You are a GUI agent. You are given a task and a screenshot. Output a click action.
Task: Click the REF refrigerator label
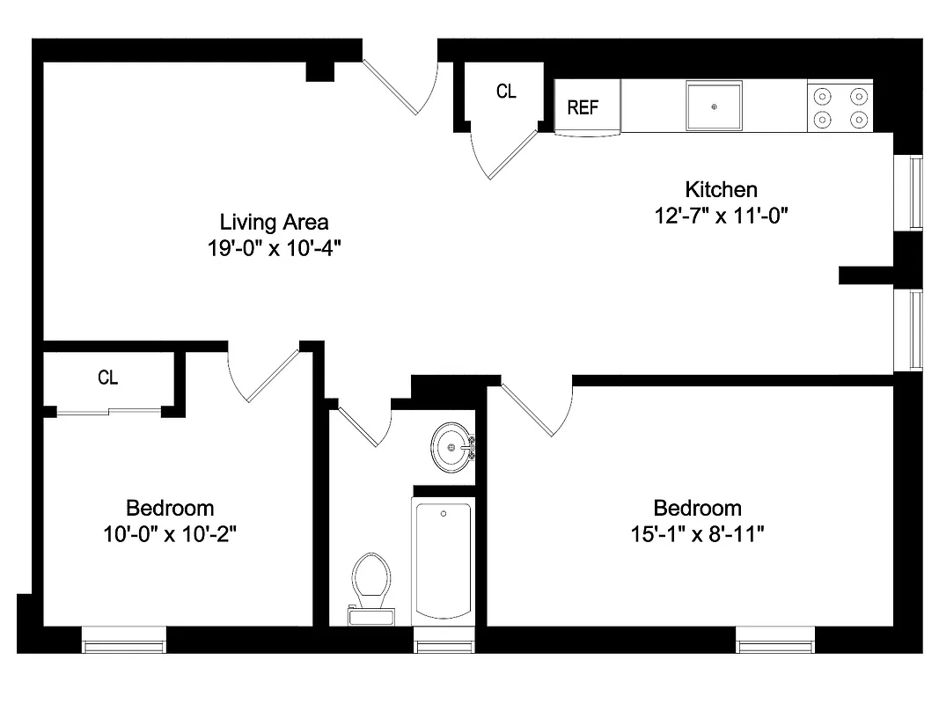pos(583,107)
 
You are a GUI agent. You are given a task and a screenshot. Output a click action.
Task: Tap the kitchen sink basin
pos(714,106)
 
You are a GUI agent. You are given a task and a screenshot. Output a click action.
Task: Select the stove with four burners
pos(840,106)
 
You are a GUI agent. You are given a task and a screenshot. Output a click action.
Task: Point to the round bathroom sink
pos(452,448)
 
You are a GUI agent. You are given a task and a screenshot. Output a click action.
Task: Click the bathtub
pos(444,560)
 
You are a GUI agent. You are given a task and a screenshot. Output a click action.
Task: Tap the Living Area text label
pos(274,222)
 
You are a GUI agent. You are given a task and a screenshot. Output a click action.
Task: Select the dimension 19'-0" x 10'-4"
pos(274,248)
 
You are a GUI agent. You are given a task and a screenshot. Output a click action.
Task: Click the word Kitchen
pos(721,189)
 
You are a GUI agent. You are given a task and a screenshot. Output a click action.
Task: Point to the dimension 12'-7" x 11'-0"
pos(721,216)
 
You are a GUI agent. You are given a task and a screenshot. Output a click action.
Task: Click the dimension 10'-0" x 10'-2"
pos(170,534)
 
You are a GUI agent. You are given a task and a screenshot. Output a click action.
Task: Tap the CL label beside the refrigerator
pos(506,92)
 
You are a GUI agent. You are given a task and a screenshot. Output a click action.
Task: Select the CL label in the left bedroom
pos(108,378)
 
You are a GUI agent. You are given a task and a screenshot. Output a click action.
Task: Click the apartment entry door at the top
pos(401,84)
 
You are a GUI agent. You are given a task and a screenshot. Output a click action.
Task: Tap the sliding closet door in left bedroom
pos(108,410)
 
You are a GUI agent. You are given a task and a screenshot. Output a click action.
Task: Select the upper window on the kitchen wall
pos(915,193)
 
